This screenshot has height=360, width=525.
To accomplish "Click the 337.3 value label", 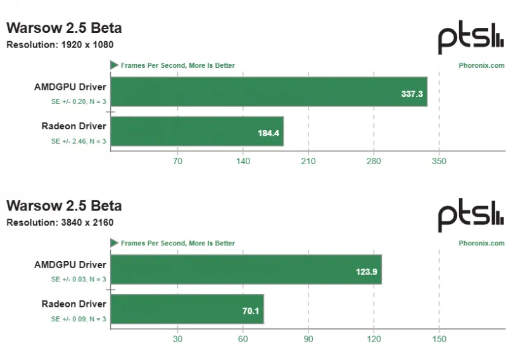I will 412,94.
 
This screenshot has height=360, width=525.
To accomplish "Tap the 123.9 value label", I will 367,272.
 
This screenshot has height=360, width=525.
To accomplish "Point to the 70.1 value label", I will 250,312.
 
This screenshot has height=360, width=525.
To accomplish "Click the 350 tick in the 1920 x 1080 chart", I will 439,161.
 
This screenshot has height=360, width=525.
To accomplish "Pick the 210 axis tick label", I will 308,161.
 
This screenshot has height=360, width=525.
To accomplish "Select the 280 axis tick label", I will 374,161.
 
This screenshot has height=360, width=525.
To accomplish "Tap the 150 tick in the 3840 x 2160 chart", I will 439,339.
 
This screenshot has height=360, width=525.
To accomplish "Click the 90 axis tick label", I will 308,339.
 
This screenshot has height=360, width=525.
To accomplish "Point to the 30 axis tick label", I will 177,339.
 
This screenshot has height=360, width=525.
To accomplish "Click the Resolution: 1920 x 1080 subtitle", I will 60,44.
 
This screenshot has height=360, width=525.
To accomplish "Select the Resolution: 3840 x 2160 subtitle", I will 60,222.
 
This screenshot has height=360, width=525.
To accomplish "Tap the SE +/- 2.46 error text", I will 79,141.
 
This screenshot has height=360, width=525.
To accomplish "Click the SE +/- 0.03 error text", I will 79,280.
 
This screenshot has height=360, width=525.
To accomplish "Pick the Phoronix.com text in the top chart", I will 481,65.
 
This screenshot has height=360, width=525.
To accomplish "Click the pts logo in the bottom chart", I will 471,217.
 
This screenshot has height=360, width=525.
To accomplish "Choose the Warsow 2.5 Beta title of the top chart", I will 64,28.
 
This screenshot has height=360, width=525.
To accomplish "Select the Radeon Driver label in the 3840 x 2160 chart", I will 74,304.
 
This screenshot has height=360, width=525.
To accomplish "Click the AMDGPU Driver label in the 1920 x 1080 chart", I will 70,87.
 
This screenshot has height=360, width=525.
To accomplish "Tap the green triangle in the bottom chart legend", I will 114,243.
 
